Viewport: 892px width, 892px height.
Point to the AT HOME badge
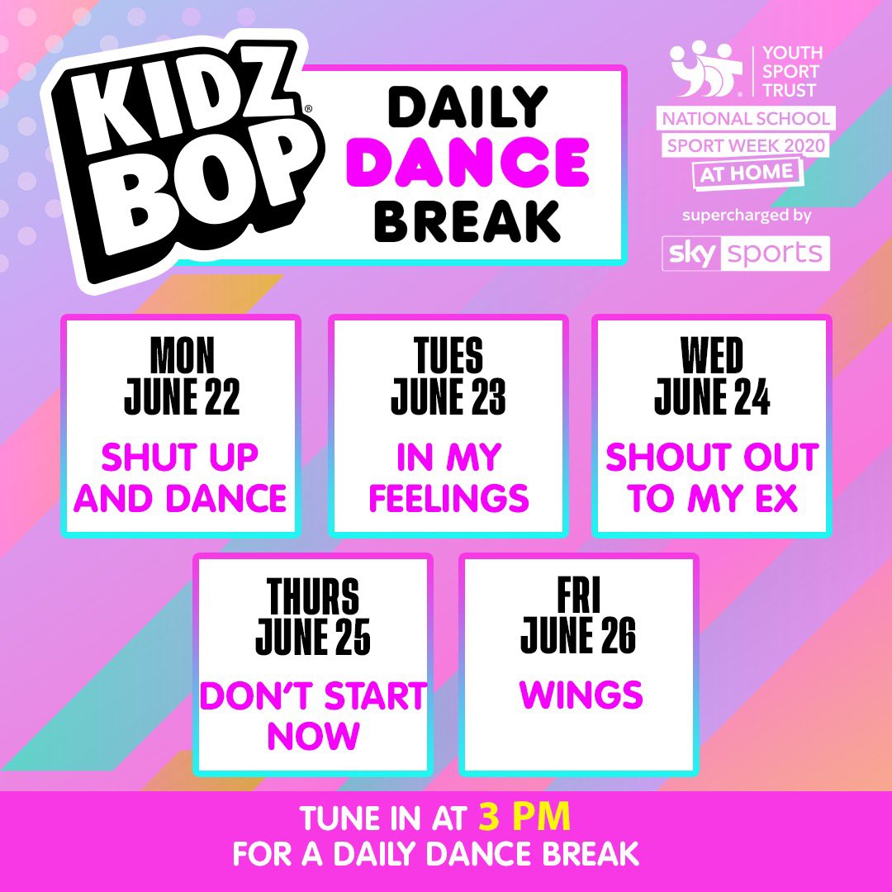[x=747, y=173]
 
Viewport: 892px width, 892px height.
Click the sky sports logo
[x=746, y=254]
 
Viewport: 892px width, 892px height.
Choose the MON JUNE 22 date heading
[x=182, y=376]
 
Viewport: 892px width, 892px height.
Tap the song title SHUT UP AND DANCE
[x=181, y=478]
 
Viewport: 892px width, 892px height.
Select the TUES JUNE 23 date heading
[x=448, y=376]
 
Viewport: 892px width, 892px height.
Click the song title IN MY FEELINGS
[x=448, y=478]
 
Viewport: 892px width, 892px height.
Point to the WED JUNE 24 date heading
[x=712, y=376]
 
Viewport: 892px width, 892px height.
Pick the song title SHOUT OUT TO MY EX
[x=712, y=478]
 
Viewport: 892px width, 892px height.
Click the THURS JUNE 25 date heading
[x=313, y=616]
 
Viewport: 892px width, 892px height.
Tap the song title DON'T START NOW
[x=313, y=715]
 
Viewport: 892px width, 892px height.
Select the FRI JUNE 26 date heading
[x=578, y=616]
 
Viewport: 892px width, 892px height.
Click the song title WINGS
[x=581, y=695]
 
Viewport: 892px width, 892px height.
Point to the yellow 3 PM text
[x=524, y=818]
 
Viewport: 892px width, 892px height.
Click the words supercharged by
[x=747, y=216]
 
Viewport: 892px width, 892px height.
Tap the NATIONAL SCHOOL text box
[x=747, y=119]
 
